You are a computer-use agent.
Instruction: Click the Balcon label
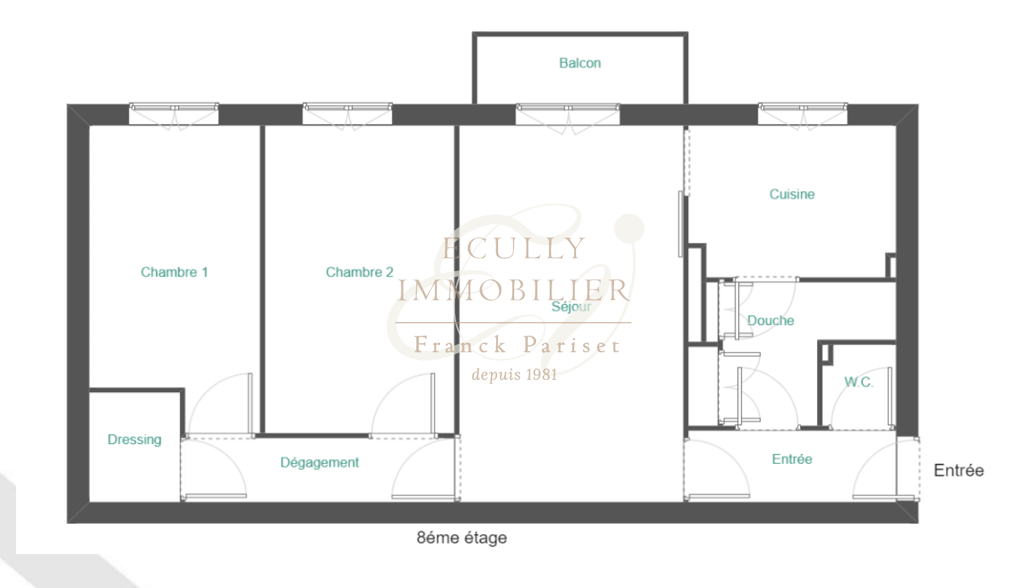pos(580,63)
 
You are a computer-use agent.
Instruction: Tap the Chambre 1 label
pos(175,272)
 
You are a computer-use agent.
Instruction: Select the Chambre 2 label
pos(360,272)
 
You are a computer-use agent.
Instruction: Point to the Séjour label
pos(571,307)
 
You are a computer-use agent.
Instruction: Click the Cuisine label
pos(792,194)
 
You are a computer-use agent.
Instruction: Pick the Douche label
pos(771,321)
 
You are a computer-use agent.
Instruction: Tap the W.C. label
pos(859,382)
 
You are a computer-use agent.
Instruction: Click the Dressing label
pos(135,440)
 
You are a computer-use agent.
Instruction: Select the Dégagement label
pos(320,462)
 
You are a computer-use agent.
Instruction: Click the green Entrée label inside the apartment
pos(792,459)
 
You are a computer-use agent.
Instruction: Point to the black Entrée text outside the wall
pos(959,470)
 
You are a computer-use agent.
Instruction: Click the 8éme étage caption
pos(461,538)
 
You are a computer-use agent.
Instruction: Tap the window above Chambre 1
pos(173,113)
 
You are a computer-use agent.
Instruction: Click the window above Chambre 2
pos(347,113)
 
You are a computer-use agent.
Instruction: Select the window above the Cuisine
pos(803,113)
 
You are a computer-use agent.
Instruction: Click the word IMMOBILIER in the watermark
pos(513,290)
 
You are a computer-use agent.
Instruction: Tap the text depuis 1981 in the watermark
pos(515,375)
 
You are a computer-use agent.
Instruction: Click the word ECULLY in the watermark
pos(514,249)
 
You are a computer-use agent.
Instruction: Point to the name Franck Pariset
pos(517,345)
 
